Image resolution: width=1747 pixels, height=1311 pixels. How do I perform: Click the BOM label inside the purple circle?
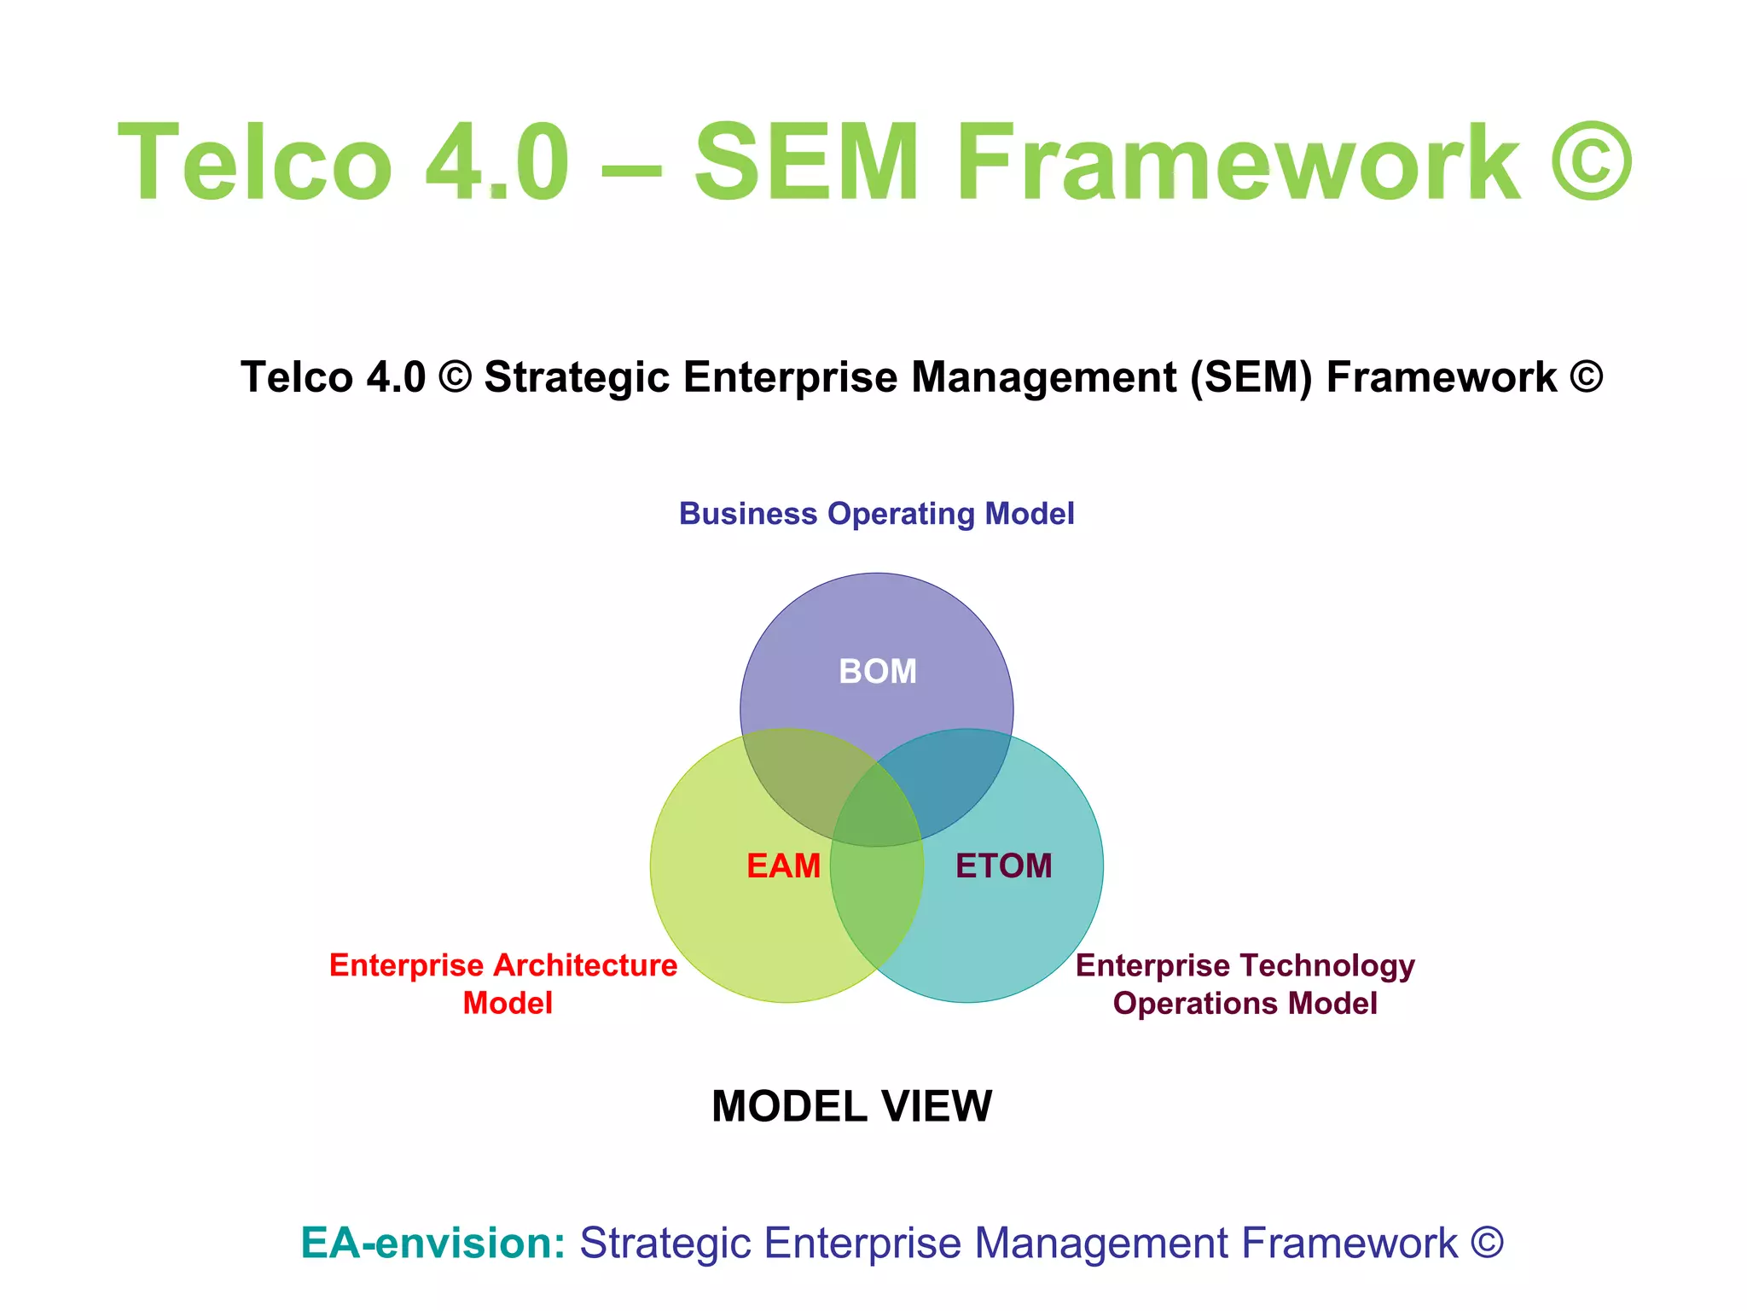click(878, 672)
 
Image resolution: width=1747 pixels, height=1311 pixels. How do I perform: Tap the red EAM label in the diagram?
click(783, 866)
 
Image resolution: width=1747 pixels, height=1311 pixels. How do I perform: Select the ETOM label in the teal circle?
click(1003, 866)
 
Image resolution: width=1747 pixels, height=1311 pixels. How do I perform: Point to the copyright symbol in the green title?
click(1590, 162)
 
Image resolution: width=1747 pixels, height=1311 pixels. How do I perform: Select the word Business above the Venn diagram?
click(748, 514)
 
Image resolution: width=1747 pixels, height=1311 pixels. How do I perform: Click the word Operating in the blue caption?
click(901, 515)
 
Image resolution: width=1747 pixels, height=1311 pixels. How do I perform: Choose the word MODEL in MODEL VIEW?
click(789, 1107)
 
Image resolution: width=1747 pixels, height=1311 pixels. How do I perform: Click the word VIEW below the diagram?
click(937, 1107)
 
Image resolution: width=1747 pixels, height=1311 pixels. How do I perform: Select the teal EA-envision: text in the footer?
click(433, 1243)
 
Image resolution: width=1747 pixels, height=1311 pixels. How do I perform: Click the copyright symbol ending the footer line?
click(1487, 1243)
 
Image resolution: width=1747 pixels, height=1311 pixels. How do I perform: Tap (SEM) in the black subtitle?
click(1251, 377)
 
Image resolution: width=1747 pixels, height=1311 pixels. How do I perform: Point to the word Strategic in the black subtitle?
click(577, 377)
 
